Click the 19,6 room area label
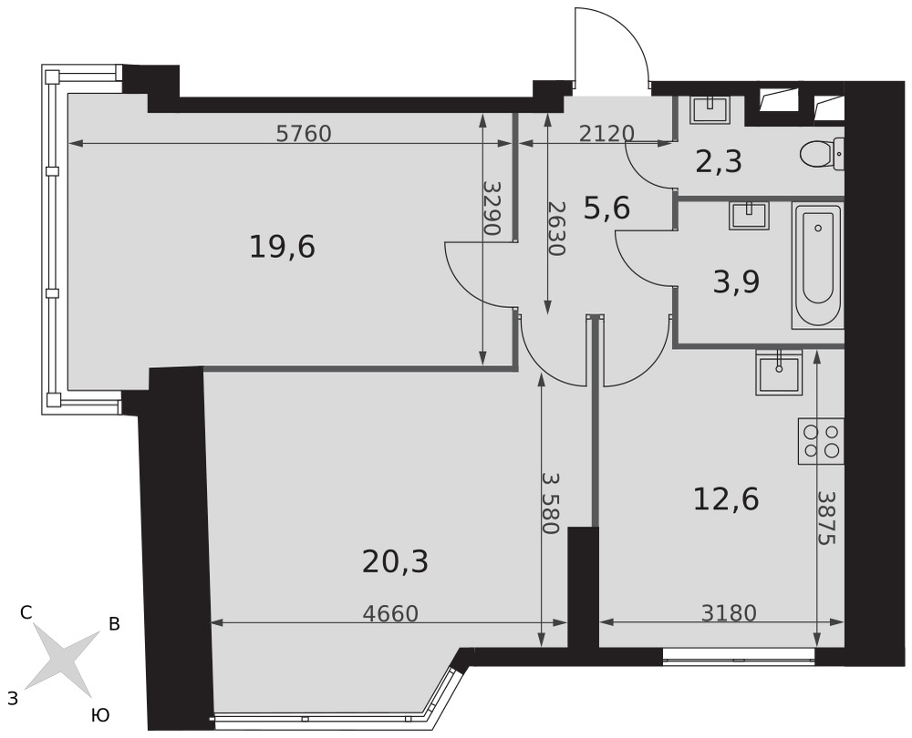pos(282,248)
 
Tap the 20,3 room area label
pos(395,562)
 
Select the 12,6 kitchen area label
pos(727,500)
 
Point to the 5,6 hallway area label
pos(606,208)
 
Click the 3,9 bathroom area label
pos(736,283)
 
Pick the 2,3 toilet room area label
pos(719,162)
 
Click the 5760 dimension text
pos(304,134)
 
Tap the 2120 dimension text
pos(606,134)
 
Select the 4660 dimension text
pos(390,614)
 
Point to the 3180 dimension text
pos(729,613)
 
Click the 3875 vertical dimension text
pos(826,518)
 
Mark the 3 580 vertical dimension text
pos(550,503)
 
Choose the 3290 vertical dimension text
pos(492,208)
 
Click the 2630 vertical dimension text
pos(556,229)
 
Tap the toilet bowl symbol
pos(822,155)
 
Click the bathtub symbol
pos(817,265)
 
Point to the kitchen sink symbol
pos(780,373)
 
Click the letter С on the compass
pos(26,612)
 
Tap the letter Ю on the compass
pos(100,715)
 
